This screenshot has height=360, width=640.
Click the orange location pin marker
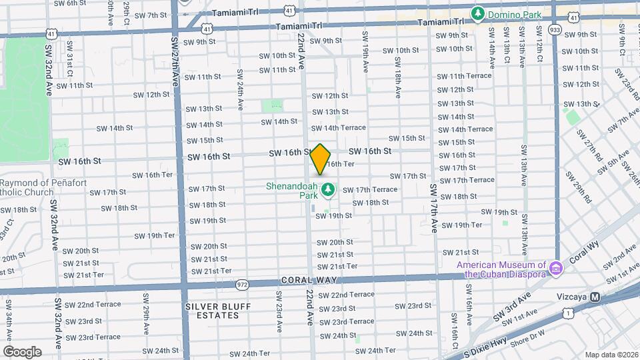coord(321,159)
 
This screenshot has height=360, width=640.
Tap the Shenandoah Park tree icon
coord(327,191)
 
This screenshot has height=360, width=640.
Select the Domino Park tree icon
coord(477,13)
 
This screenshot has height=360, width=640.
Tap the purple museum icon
coord(555,269)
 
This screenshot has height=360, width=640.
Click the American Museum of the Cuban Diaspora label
coord(502,269)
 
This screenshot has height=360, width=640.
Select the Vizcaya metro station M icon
coord(595,297)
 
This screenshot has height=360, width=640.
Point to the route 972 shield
coord(241,285)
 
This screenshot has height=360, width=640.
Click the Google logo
coord(22,351)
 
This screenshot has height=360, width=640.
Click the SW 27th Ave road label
coord(176,79)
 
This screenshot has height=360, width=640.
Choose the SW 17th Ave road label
coord(433,198)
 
